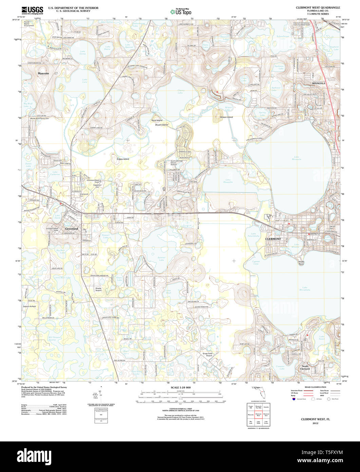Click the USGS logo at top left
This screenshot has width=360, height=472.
(32, 10)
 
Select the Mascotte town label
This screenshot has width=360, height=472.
(43, 73)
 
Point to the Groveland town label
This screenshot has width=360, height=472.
(71, 229)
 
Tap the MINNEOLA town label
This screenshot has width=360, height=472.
(319, 83)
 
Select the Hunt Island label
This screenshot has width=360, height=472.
(157, 121)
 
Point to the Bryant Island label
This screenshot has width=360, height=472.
(162, 125)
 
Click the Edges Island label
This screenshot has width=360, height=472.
(123, 159)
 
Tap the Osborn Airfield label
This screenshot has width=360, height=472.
(30, 306)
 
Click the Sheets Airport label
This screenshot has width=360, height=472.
(98, 290)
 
